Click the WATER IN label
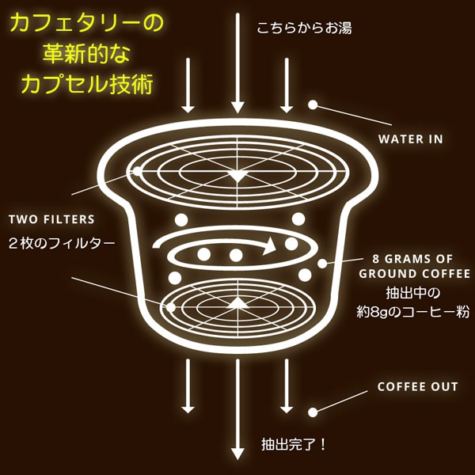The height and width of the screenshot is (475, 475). pos(410,139)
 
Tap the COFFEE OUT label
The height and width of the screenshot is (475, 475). pos(417,387)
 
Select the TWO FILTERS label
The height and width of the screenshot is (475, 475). pos(51,219)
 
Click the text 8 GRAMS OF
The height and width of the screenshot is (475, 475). pos(412,259)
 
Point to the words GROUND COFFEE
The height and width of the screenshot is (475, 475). pos(414,274)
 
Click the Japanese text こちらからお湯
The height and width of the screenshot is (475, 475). pos(305,28)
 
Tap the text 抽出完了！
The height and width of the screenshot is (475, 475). pos(293,445)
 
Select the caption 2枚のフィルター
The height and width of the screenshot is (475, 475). pos(62,243)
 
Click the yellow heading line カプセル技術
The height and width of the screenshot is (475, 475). pos(86,84)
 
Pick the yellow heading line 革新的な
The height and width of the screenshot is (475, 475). pos(86,53)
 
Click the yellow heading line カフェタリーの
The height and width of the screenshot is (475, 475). pos(86,24)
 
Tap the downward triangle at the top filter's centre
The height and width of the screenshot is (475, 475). pos(237,177)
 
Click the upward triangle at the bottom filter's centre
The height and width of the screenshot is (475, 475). pos(237,303)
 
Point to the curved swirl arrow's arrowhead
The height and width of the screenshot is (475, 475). pos(270,245)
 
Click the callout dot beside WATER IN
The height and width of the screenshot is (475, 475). pos(313,104)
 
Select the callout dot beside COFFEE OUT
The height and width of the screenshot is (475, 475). pos(313,412)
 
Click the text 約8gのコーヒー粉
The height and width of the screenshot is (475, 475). pos(413,312)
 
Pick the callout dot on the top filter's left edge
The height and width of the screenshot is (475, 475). pos(137,171)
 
